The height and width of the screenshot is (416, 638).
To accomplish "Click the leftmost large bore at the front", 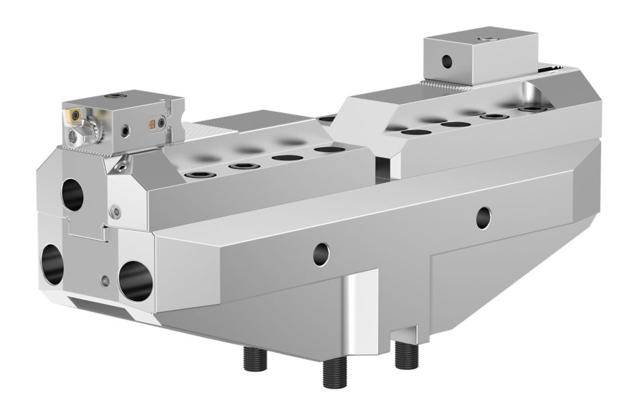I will tap(52, 265).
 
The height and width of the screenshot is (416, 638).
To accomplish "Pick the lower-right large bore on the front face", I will tap(136, 277).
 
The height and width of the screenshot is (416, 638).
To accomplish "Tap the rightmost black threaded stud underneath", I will tap(406, 354).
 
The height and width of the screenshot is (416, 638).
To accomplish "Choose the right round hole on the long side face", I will tap(483, 216).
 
